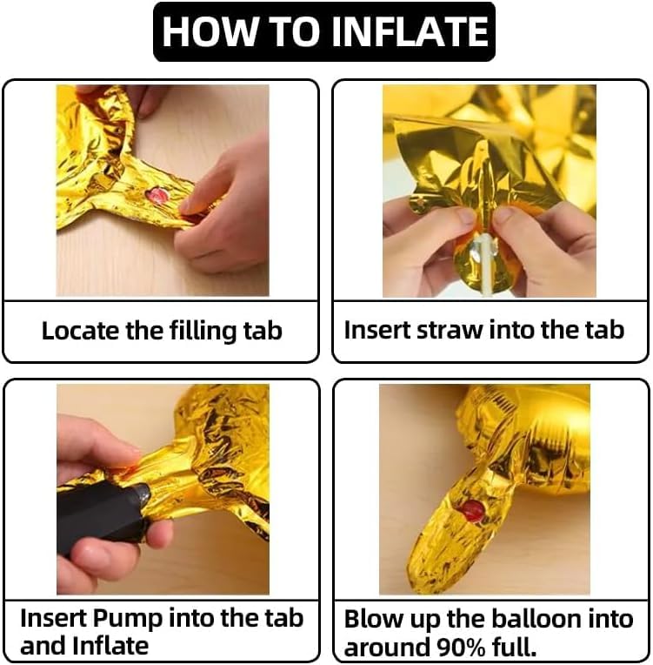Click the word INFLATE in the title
click(410, 32)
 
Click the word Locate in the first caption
click(81, 331)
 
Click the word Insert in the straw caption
click(377, 330)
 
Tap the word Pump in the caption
click(128, 620)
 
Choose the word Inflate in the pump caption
click(110, 646)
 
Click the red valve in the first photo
click(157, 196)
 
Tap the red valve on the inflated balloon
click(472, 511)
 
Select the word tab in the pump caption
click(284, 618)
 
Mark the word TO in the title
click(294, 32)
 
